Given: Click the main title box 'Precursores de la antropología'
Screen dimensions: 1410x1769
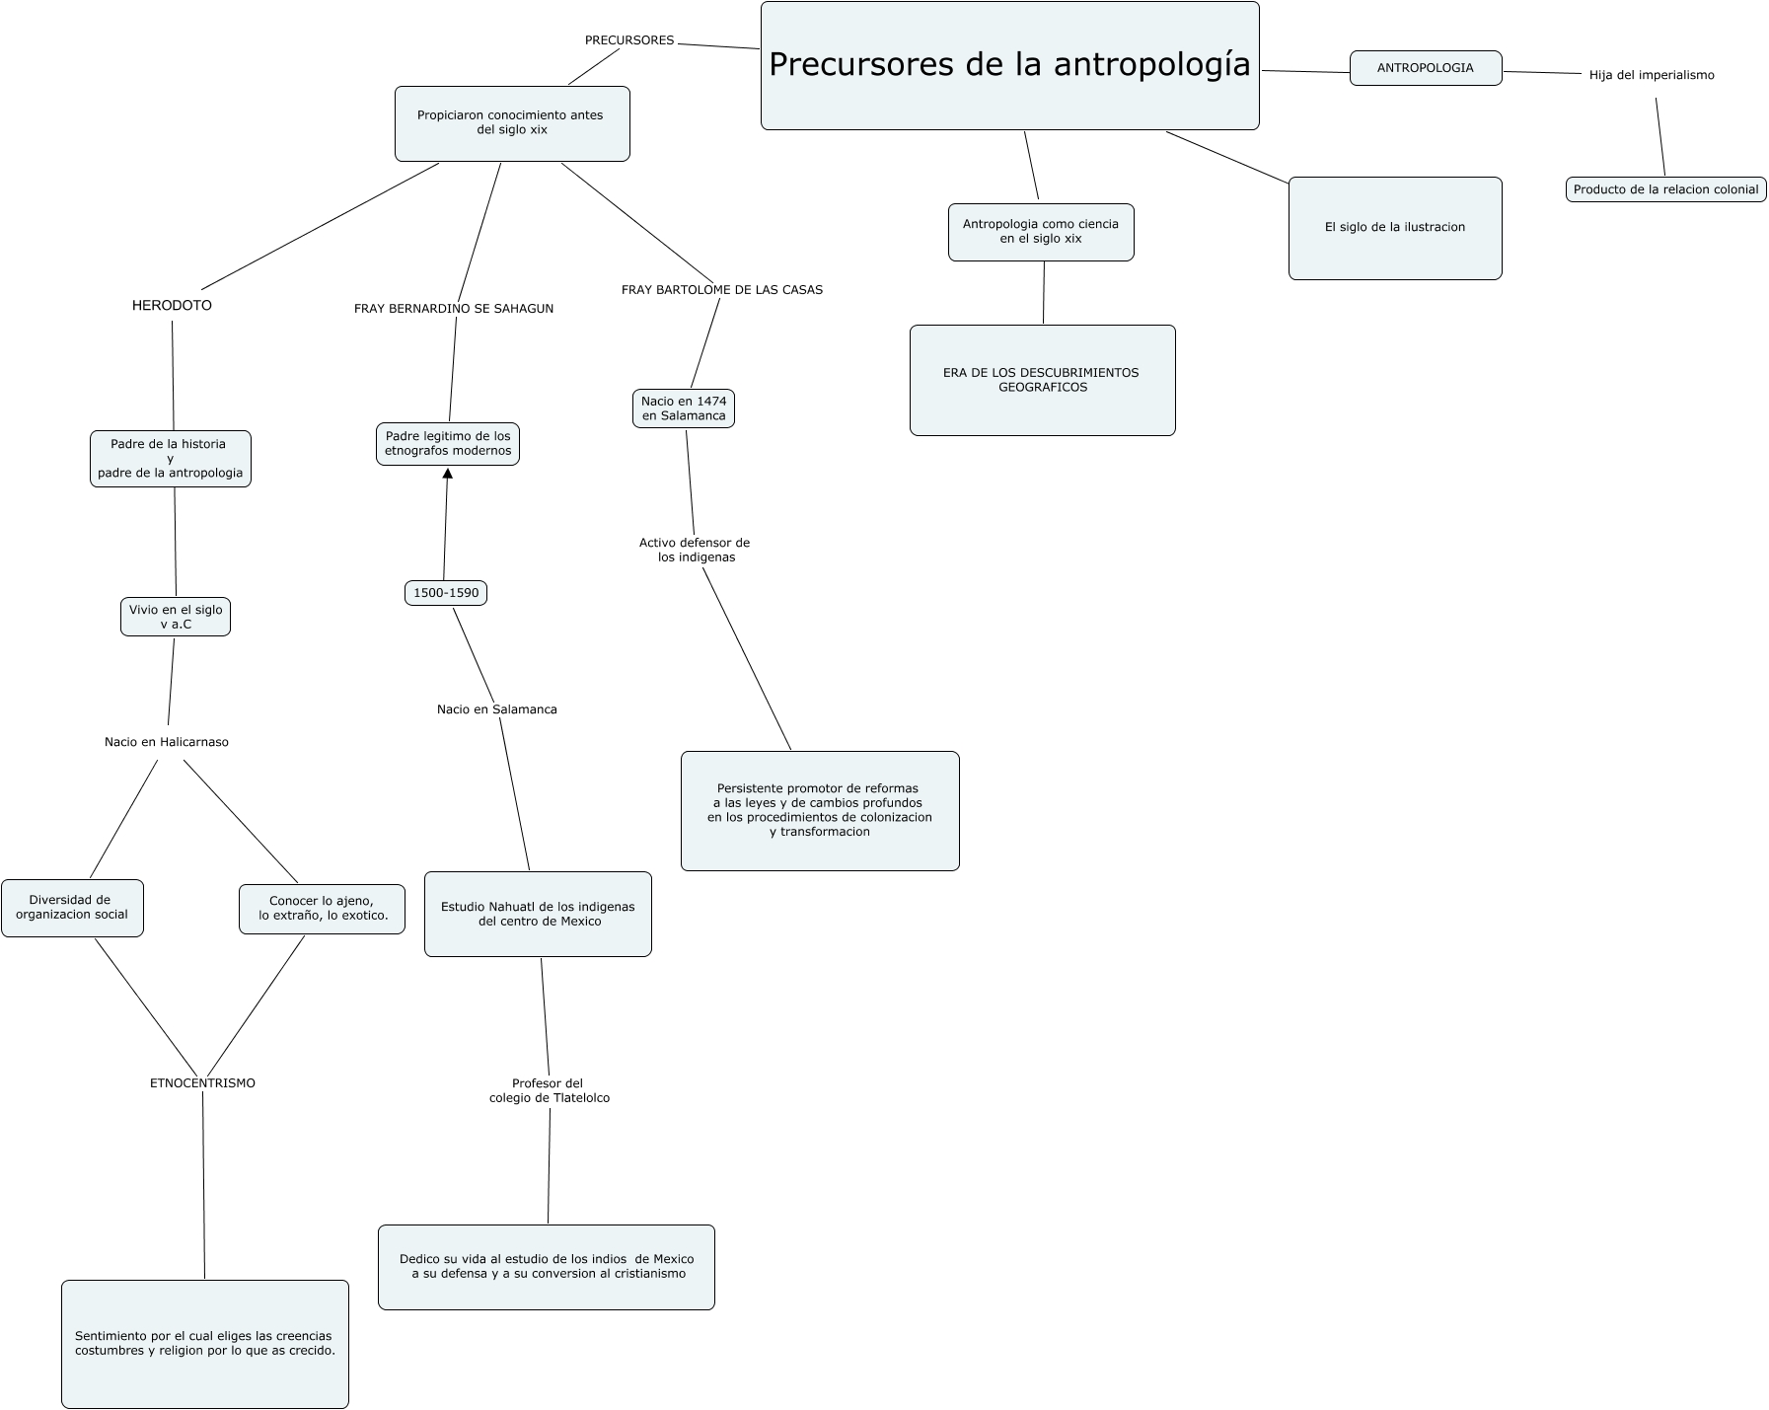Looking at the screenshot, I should pyautogui.click(x=1009, y=65).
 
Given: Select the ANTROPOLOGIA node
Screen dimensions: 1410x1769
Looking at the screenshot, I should pyautogui.click(x=1425, y=68).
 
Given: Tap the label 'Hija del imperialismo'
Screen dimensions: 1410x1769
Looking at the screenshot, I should pyautogui.click(x=1651, y=75).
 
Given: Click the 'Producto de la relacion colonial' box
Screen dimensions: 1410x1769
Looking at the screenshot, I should pyautogui.click(x=1665, y=189).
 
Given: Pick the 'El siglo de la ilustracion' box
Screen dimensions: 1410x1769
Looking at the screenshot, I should pyautogui.click(x=1394, y=228).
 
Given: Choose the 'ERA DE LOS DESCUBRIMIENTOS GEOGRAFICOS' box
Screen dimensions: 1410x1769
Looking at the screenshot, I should pyautogui.click(x=1041, y=380).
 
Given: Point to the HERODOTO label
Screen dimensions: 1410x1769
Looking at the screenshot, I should pyautogui.click(x=172, y=306).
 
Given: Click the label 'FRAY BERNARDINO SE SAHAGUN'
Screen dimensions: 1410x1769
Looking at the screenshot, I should pyautogui.click(x=454, y=309).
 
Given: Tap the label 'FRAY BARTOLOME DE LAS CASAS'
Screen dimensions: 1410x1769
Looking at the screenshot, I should pyautogui.click(x=721, y=290).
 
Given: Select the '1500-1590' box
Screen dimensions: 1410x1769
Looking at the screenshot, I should pyautogui.click(x=446, y=593).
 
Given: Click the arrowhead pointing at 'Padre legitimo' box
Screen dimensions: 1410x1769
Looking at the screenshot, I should pyautogui.click(x=448, y=474).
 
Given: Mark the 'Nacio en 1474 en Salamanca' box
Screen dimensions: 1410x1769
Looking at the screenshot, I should pyautogui.click(x=684, y=408).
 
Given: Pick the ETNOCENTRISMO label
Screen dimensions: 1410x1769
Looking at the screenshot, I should pyautogui.click(x=202, y=1083).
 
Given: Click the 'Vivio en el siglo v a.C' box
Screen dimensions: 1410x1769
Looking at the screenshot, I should pyautogui.click(x=176, y=617).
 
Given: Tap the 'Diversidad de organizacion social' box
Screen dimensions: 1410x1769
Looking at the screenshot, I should pyautogui.click(x=72, y=908).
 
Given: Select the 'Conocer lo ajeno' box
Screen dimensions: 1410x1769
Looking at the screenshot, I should pyautogui.click(x=322, y=909).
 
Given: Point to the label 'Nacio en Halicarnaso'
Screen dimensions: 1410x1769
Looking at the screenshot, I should pyautogui.click(x=167, y=742).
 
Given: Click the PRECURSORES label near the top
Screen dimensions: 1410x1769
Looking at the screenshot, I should pyautogui.click(x=629, y=40).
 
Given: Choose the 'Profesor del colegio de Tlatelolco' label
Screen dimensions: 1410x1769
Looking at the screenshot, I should pyautogui.click(x=549, y=1091).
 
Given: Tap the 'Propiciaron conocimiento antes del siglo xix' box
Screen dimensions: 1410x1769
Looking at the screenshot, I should pyautogui.click(x=511, y=123).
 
